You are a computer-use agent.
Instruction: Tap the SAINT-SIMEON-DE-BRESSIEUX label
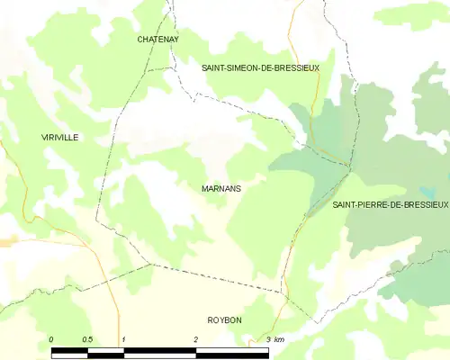pos(260,67)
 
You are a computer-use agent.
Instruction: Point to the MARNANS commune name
pos(220,189)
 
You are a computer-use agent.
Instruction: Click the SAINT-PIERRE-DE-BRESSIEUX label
pos(390,205)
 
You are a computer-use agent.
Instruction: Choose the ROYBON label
pos(224,320)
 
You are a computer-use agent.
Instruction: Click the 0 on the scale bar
pos(51,339)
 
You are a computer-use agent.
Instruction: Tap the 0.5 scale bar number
pos(87,339)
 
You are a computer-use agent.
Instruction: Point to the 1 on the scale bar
pos(122,339)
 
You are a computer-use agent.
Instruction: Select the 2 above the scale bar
pos(195,339)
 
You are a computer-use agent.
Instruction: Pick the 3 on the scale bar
pos(268,339)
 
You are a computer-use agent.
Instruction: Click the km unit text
pos(280,339)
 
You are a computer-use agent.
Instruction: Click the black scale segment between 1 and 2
pos(159,353)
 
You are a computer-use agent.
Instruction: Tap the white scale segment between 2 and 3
pos(232,353)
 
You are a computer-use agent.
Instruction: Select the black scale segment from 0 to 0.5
pos(69,353)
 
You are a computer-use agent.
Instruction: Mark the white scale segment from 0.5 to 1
pos(105,353)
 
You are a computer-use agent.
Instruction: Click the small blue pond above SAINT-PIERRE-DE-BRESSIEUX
pos(427,192)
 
